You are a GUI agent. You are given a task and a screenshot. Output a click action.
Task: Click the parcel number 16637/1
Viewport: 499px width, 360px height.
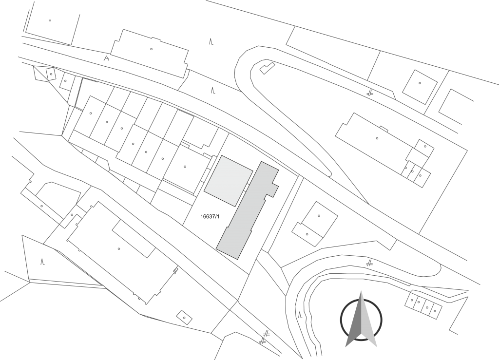point(210,217)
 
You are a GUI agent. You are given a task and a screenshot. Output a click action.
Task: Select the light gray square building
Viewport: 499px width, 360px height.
point(229,181)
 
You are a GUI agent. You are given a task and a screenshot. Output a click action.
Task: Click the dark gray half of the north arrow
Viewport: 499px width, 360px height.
point(354,321)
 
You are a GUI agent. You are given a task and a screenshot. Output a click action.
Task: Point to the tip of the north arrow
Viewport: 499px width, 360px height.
point(361,291)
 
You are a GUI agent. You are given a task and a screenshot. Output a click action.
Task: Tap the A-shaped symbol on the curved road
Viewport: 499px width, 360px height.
point(106,58)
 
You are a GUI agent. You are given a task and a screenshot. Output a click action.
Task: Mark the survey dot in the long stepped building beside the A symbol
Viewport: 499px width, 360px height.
point(151,49)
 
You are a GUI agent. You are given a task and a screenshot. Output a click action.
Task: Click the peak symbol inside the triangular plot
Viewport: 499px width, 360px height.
point(42,262)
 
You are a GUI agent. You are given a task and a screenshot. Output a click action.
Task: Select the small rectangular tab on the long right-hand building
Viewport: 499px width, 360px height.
point(384,129)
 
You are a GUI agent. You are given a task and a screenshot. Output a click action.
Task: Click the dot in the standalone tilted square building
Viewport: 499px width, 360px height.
point(420,83)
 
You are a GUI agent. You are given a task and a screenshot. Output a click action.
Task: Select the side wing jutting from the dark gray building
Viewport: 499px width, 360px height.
point(272,190)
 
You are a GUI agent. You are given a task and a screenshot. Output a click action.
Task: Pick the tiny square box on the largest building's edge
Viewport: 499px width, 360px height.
point(175,270)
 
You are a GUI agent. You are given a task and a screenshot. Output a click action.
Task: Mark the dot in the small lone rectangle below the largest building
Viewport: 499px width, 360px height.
point(184,318)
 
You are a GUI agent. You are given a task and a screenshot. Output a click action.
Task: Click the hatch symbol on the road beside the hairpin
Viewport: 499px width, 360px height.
point(369,93)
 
